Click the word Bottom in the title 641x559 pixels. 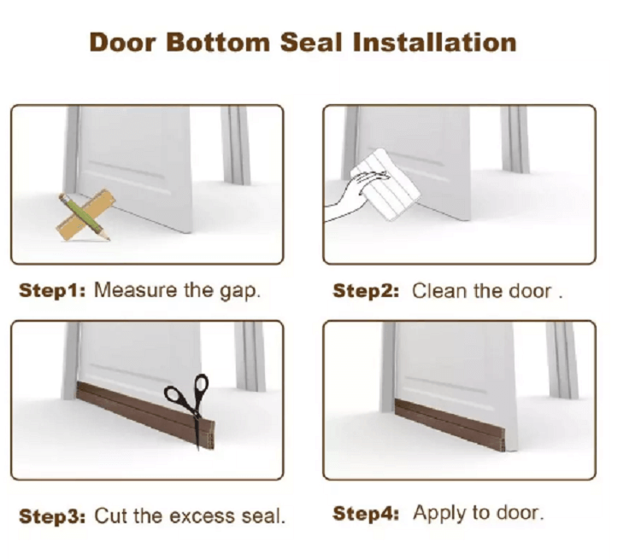(x=218, y=43)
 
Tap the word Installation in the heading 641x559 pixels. (x=434, y=43)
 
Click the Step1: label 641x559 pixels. (x=52, y=291)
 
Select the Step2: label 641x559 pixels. (x=366, y=291)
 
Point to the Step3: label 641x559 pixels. (x=52, y=516)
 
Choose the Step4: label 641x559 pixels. (x=366, y=513)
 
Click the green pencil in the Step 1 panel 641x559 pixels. (x=84, y=217)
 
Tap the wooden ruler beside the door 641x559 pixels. (x=86, y=214)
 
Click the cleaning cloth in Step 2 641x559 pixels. (x=386, y=184)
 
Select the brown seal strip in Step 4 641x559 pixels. (x=450, y=425)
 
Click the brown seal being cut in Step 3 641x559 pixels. (x=145, y=415)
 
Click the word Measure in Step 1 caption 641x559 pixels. (x=136, y=291)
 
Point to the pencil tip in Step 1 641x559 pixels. (x=109, y=239)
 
